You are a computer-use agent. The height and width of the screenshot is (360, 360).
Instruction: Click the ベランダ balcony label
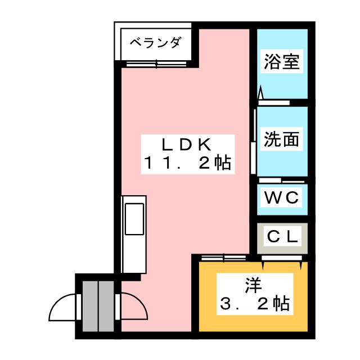[x=156, y=43]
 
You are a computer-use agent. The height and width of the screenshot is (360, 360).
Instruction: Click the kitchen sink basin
[x=134, y=219]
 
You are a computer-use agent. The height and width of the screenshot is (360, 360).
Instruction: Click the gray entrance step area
[x=97, y=307]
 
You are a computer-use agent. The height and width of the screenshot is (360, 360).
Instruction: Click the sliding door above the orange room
[x=223, y=258]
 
